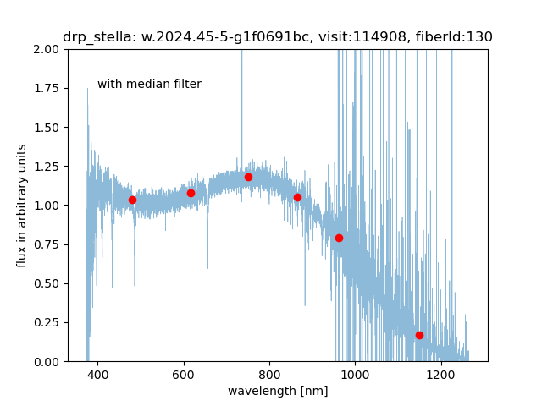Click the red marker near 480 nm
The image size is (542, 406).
click(132, 200)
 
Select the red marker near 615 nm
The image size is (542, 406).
click(191, 193)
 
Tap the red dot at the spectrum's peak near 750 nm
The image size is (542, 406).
click(248, 177)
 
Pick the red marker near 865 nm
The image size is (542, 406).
click(297, 197)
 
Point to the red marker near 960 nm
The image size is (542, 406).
click(339, 238)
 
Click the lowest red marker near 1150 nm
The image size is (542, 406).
click(419, 335)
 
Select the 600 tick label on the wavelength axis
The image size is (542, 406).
click(184, 374)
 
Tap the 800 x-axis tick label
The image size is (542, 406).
click(269, 374)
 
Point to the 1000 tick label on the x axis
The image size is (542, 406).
click(355, 374)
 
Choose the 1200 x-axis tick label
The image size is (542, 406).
click(440, 374)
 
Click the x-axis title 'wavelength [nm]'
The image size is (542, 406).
click(278, 391)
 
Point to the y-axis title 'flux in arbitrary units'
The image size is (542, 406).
click(22, 206)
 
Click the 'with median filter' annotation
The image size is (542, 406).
click(149, 84)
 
